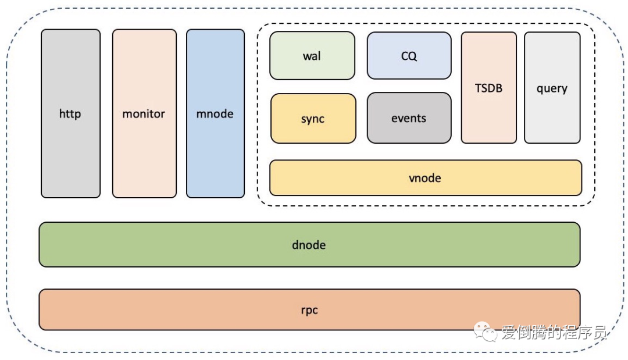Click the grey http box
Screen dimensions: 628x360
70,113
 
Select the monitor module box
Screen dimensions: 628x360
144,113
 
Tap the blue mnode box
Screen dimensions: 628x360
216,113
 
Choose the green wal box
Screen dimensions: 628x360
312,56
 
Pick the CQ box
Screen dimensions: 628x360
409,56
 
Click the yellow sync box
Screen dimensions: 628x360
313,119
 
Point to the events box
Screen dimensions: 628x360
409,117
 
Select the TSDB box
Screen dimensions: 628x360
488,88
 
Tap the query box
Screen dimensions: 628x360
552,88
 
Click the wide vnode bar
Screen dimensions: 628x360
426,178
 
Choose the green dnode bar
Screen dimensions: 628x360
309,245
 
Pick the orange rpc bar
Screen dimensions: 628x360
309,309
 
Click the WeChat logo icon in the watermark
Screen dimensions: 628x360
485,332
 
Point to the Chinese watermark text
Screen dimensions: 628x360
554,332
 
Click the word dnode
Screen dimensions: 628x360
309,245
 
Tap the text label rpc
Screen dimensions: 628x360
309,311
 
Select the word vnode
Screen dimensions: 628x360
425,178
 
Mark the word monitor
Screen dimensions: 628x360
144,114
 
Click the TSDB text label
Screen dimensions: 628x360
488,88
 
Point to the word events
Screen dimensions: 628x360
409,118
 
